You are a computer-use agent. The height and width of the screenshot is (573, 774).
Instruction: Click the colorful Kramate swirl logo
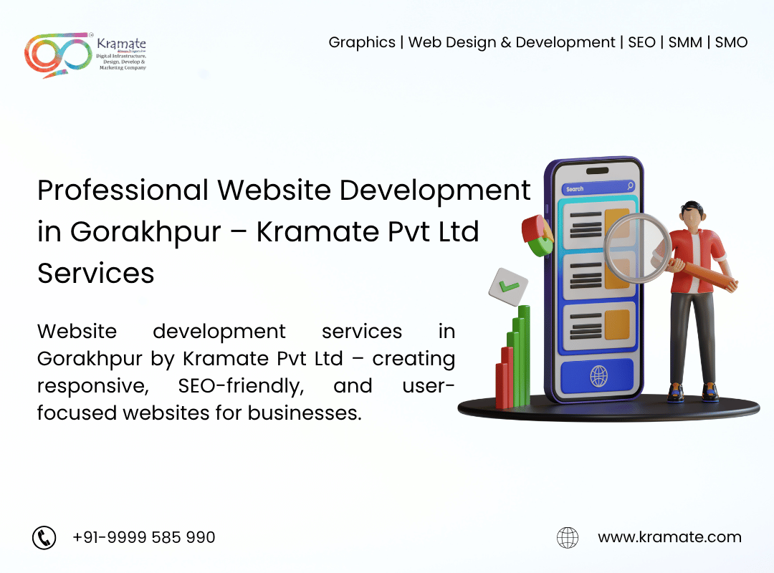pyautogui.click(x=58, y=54)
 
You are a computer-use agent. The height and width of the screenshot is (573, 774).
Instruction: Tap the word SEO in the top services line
pyautogui.click(x=641, y=42)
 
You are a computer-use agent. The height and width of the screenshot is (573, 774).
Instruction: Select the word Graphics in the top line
pyautogui.click(x=362, y=43)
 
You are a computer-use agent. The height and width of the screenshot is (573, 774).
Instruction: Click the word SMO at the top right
pyautogui.click(x=731, y=42)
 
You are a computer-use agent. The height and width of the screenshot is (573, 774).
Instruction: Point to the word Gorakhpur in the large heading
pyautogui.click(x=145, y=233)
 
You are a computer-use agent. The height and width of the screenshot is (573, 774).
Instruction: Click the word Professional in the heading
pyautogui.click(x=123, y=191)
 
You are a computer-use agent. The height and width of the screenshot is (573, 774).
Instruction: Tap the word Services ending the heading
pyautogui.click(x=96, y=274)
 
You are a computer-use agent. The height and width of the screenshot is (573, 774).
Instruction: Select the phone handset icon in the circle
pyautogui.click(x=44, y=537)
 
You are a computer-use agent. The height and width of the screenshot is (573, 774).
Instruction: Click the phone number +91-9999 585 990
pyautogui.click(x=143, y=537)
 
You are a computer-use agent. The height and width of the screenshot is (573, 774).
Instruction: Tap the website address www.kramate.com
pyautogui.click(x=669, y=537)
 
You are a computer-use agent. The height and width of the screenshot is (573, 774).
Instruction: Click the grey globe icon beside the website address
pyautogui.click(x=568, y=537)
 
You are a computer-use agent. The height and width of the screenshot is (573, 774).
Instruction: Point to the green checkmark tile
pyautogui.click(x=508, y=286)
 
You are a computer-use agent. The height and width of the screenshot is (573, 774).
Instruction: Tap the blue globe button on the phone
pyautogui.click(x=597, y=376)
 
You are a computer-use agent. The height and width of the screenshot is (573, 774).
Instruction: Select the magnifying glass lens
pyautogui.click(x=637, y=248)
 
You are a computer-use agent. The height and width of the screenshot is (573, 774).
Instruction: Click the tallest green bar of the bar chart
pyautogui.click(x=524, y=355)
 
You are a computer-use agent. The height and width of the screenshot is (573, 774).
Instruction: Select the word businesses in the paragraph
pyautogui.click(x=305, y=413)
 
